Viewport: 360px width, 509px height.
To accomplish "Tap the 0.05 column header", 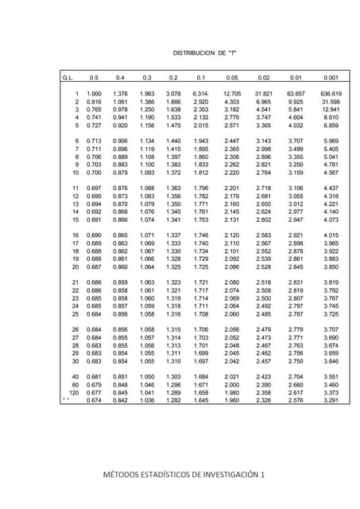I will pyautogui.click(x=232, y=78).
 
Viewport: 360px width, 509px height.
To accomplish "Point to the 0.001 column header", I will pyautogui.click(x=331, y=78).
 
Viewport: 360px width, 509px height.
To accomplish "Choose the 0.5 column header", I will pyautogui.click(x=94, y=78).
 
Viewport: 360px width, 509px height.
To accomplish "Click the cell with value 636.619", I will pyautogui.click(x=331, y=95).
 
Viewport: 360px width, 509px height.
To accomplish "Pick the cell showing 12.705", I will pyautogui.click(x=232, y=95).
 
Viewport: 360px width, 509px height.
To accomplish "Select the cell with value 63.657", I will pyautogui.click(x=296, y=95).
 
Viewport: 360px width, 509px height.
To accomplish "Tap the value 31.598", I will pyautogui.click(x=331, y=103).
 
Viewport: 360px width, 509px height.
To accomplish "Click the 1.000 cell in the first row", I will pyautogui.click(x=94, y=95).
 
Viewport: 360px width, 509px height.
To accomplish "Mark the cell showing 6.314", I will pyautogui.click(x=200, y=95).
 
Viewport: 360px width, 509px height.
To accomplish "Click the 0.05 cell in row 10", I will pyautogui.click(x=232, y=173).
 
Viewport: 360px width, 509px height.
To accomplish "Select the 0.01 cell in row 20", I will pyautogui.click(x=296, y=266).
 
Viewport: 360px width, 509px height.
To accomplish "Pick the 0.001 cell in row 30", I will pyautogui.click(x=331, y=360).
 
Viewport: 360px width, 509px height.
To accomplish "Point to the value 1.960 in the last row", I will pyautogui.click(x=232, y=400).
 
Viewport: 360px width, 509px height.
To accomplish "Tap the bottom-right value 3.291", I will pyautogui.click(x=331, y=400).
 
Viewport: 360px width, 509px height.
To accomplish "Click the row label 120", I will pyautogui.click(x=74, y=392).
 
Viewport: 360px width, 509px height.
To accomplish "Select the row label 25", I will pyautogui.click(x=76, y=313).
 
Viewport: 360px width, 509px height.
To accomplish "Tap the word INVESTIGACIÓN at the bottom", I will pyautogui.click(x=240, y=475).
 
